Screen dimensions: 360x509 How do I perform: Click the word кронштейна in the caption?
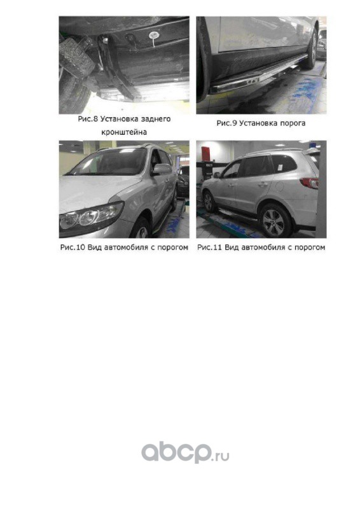click(x=124, y=132)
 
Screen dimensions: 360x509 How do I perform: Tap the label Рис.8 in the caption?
click(x=88, y=119)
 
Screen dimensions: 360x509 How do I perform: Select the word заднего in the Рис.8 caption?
click(x=157, y=119)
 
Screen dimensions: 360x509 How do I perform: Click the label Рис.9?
click(x=226, y=123)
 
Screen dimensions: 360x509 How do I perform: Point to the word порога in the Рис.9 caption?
click(x=291, y=123)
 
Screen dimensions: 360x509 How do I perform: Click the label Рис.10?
click(x=73, y=248)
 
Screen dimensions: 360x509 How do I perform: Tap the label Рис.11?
click(x=210, y=248)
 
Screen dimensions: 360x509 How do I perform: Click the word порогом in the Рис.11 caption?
click(x=309, y=248)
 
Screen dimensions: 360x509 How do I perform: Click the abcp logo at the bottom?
click(x=176, y=452)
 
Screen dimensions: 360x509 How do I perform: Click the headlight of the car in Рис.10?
click(x=91, y=217)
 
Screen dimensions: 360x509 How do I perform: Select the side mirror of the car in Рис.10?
click(x=162, y=169)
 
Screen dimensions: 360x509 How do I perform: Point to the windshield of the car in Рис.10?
click(x=109, y=162)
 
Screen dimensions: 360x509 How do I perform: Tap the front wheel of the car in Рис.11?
click(x=209, y=202)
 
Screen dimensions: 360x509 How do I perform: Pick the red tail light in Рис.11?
click(x=310, y=183)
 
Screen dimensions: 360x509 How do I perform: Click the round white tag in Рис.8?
click(x=153, y=36)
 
